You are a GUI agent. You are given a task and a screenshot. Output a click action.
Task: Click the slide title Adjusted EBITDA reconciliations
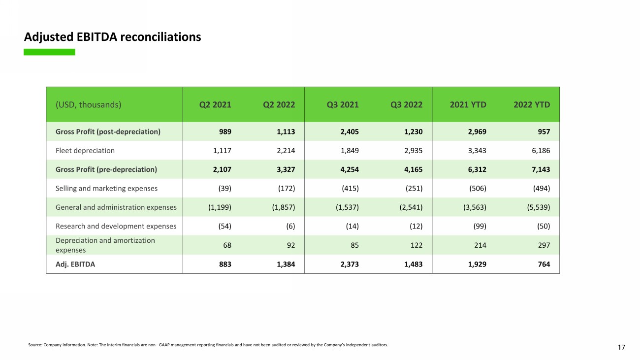tap(112, 37)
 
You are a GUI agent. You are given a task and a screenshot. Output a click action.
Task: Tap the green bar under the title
tap(49, 52)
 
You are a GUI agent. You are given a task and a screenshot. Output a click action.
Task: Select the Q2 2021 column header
tap(215, 104)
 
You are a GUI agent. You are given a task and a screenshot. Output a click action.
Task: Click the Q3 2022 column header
tap(406, 104)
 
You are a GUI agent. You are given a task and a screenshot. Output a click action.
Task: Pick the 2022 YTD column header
tap(532, 104)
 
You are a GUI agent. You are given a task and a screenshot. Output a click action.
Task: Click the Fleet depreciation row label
tap(85, 151)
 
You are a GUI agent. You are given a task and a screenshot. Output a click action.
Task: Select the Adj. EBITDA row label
tap(75, 264)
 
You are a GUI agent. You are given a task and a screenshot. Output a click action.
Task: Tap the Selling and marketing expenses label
tap(106, 189)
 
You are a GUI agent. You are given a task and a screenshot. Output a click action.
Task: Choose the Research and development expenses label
tap(116, 227)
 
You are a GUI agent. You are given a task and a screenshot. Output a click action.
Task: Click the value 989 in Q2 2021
tap(224, 131)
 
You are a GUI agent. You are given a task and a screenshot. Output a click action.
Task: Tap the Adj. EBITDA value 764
tap(544, 264)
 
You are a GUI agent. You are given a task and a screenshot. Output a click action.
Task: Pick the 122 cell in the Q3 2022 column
tap(416, 245)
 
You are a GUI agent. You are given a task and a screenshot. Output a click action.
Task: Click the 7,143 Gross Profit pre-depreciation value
tap(540, 169)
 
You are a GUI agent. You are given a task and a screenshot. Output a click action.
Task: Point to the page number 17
tap(621, 348)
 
